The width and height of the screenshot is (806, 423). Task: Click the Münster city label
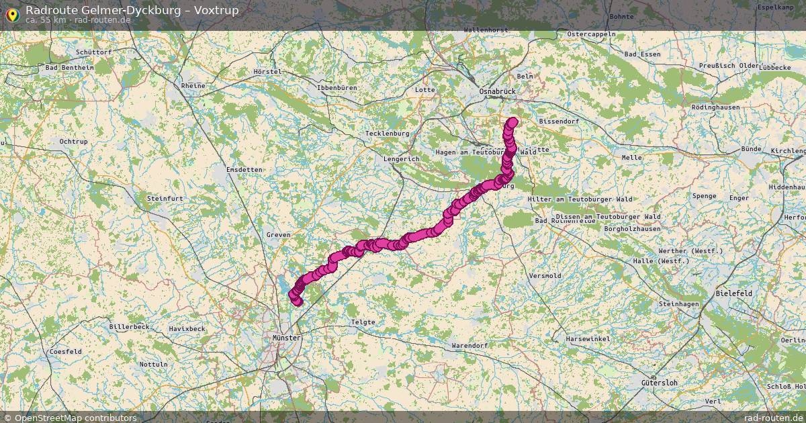[x=287, y=338]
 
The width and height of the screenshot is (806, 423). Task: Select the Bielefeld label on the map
[x=734, y=294]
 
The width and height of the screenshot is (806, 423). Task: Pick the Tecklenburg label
[x=387, y=134]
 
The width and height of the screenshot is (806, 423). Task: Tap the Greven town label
[x=278, y=235]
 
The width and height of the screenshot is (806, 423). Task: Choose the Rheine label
[x=193, y=86]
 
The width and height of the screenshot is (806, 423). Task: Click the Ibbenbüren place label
[x=340, y=88]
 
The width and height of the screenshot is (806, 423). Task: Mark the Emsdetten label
[x=244, y=170]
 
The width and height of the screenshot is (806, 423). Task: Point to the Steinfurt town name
[x=165, y=198]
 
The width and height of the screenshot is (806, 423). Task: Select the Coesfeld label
[x=65, y=352]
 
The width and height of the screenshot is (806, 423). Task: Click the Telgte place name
[x=363, y=322]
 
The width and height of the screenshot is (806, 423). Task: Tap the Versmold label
[x=545, y=276]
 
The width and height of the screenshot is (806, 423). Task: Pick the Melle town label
[x=632, y=158]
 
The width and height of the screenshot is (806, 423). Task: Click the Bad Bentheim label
[x=69, y=68]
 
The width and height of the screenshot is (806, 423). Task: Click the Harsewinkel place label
[x=588, y=339]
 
